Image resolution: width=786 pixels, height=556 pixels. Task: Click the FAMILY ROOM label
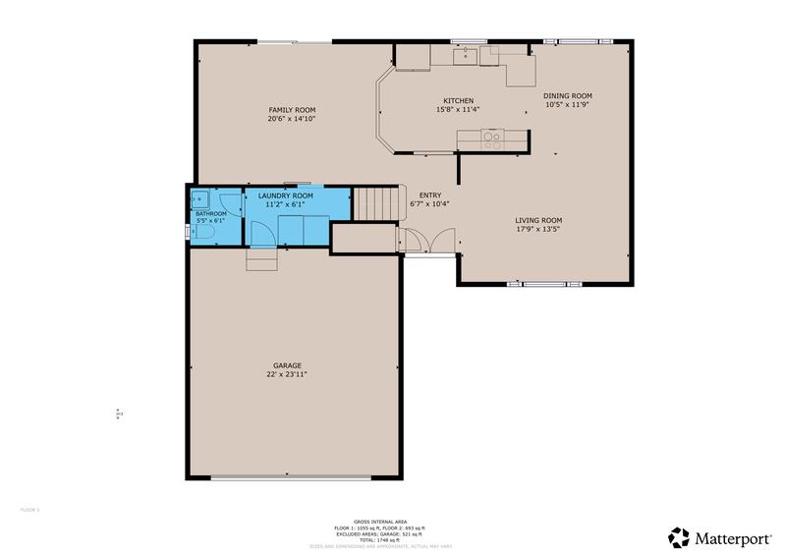pyautogui.click(x=291, y=109)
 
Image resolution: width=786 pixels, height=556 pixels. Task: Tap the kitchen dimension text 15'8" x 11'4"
pyautogui.click(x=458, y=110)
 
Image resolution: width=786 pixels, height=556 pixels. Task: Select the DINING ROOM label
pyautogui.click(x=569, y=95)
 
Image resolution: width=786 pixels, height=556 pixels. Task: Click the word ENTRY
pyautogui.click(x=430, y=195)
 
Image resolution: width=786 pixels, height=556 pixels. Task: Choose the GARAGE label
pyautogui.click(x=289, y=365)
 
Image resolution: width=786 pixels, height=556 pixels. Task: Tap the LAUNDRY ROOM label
pyautogui.click(x=286, y=195)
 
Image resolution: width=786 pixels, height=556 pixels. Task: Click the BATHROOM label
pyautogui.click(x=210, y=213)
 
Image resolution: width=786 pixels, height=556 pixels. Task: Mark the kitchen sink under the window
pyautogui.click(x=465, y=56)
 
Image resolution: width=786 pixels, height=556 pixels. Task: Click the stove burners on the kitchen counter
pyautogui.click(x=493, y=140)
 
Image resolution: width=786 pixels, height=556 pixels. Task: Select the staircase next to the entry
pyautogui.click(x=373, y=204)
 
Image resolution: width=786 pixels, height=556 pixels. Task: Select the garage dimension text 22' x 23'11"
pyautogui.click(x=289, y=374)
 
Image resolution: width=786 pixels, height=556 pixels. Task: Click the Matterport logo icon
pyautogui.click(x=679, y=537)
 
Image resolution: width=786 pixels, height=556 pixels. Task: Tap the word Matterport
pyautogui.click(x=731, y=537)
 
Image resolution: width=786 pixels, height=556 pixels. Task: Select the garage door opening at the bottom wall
pyautogui.click(x=292, y=478)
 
